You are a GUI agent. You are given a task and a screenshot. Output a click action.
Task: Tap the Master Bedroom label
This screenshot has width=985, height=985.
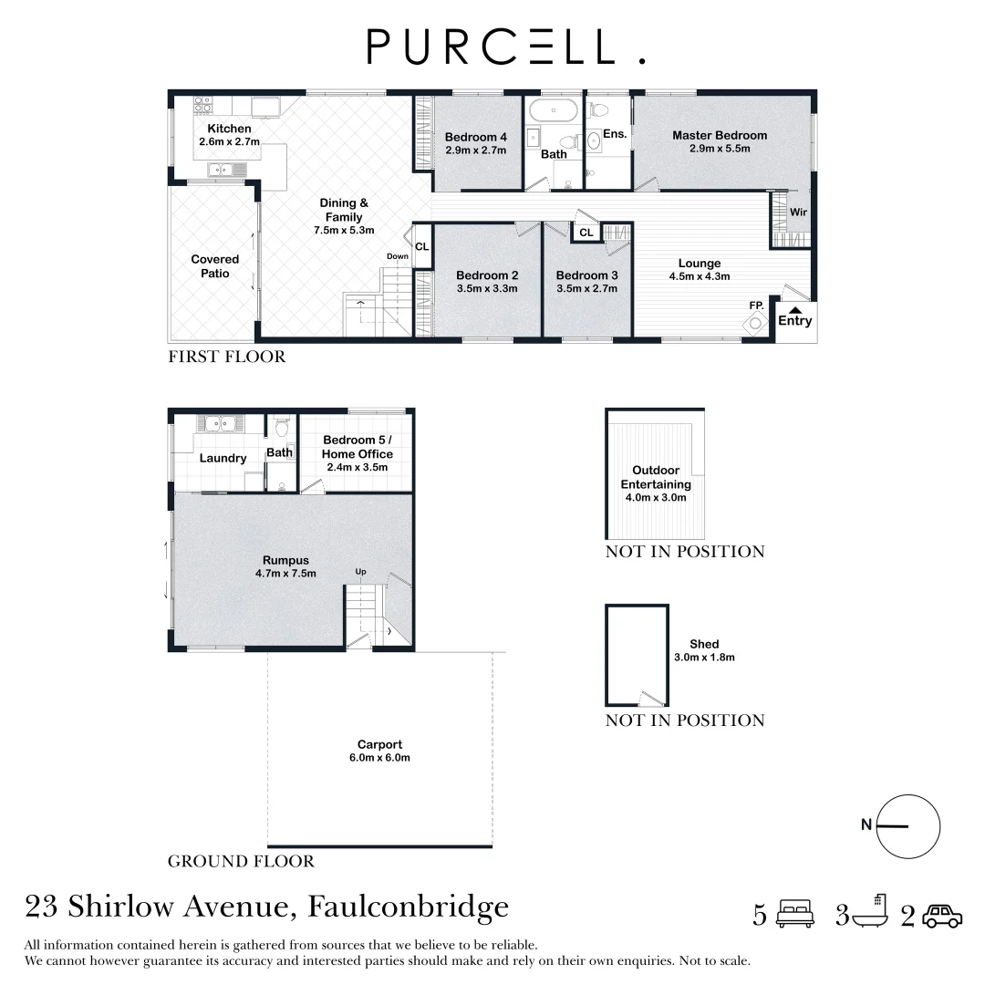coord(720,135)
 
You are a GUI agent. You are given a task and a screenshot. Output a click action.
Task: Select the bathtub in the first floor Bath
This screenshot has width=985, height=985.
coord(554,111)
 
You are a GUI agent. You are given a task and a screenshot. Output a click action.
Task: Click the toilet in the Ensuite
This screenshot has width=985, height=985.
coord(599,109)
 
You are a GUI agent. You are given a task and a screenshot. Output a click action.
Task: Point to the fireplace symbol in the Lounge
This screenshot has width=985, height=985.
coord(756,323)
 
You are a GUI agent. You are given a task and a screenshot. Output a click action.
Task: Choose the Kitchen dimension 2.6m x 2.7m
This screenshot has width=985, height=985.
coord(230,142)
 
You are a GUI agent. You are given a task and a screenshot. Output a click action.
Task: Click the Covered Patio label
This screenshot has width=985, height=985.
coord(215,266)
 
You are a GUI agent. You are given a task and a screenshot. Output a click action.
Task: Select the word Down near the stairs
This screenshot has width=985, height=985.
coord(397,257)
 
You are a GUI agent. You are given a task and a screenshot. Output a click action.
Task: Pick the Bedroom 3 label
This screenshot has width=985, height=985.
coord(586,275)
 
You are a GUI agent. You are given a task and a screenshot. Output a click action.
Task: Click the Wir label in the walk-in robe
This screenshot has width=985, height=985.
coord(798,213)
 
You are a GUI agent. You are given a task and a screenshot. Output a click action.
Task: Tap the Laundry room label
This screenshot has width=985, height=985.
coord(223,458)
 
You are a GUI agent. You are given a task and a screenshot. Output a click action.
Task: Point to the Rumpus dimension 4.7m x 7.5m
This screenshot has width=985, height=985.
coord(285,574)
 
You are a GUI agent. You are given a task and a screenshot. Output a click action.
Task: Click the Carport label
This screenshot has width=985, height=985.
coord(380,744)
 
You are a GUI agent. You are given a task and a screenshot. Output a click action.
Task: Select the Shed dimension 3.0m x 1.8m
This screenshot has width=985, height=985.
coord(704,657)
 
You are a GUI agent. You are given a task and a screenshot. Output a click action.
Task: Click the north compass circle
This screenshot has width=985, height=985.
coord(907,826)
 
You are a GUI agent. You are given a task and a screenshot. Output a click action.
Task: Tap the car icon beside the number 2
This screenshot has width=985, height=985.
coord(941,916)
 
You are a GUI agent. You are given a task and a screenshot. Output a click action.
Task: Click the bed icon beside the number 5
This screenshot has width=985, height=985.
coord(794,914)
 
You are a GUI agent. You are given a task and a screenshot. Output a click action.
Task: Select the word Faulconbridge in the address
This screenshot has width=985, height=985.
coord(409,907)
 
